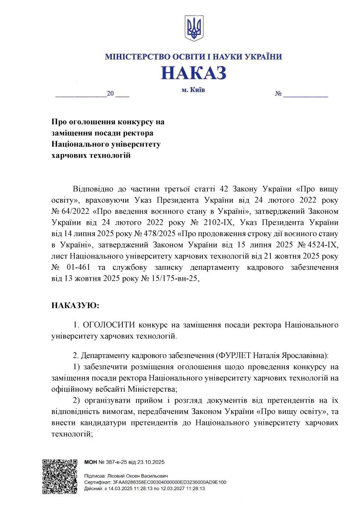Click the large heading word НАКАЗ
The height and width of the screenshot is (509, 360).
193,73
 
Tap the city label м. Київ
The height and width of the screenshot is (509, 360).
193,90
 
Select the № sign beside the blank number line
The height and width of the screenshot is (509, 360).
279,94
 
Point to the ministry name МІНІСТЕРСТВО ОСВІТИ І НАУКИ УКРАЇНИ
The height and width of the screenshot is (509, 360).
193,57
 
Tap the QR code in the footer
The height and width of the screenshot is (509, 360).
60,476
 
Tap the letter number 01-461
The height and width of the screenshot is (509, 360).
80,268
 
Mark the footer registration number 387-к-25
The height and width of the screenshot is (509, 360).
116,462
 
